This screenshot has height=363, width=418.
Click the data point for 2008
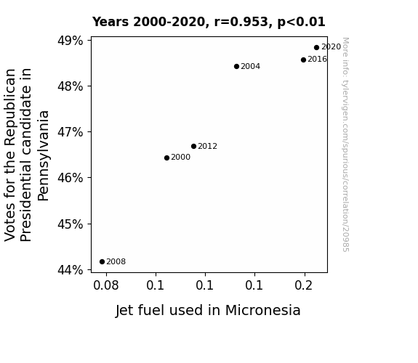point(102,262)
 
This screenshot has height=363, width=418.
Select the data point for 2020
point(316,48)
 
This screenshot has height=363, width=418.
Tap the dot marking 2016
point(303,60)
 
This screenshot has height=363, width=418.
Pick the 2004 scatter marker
point(236,66)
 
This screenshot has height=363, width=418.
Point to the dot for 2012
point(193,146)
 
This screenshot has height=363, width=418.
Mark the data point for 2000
point(166,158)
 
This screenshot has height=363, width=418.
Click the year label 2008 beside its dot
point(116,262)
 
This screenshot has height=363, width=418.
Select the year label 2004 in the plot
point(250,66)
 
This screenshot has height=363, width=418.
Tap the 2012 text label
point(207,146)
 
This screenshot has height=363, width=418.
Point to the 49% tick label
point(70,41)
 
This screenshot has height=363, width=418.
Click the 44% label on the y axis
point(70,270)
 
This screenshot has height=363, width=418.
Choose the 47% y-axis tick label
point(70,132)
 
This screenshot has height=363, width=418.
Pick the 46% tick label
point(70,178)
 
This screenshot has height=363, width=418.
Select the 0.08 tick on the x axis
point(106,285)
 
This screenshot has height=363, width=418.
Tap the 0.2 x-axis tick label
point(303,285)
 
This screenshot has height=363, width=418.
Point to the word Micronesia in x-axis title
point(263,311)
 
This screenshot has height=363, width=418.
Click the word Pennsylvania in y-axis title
point(43,156)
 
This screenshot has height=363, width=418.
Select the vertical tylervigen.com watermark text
point(345,144)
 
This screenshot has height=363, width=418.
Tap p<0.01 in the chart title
point(301,23)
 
